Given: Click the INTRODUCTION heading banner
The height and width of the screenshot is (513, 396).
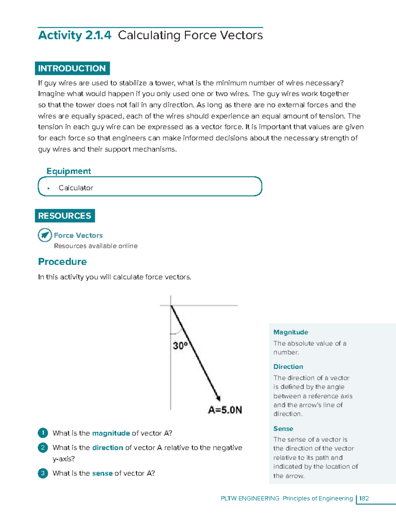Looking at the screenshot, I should click(72, 68).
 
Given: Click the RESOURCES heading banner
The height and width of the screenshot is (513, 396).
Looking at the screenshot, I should click(65, 216).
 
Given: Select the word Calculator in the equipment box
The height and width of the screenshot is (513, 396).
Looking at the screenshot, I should click(76, 188).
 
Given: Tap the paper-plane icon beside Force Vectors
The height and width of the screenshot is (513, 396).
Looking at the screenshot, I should click(45, 235).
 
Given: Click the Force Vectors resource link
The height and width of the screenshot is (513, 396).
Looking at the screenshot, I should click(78, 236).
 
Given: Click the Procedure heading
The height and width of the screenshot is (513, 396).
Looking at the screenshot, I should click(62, 262).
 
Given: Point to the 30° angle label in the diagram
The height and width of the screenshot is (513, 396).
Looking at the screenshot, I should click(180, 346).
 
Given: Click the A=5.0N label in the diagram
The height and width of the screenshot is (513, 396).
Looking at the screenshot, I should click(225, 410).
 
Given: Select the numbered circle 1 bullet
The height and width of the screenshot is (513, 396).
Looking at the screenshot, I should click(43, 433).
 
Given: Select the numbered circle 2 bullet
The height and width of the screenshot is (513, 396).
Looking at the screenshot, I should click(43, 448).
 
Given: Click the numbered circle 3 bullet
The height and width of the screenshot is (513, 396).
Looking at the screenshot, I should click(43, 473).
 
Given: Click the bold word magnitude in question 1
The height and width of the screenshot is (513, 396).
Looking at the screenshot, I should click(111, 433).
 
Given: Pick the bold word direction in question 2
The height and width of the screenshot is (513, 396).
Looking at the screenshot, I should click(108, 448).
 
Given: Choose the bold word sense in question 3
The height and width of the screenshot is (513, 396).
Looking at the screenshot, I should click(102, 473).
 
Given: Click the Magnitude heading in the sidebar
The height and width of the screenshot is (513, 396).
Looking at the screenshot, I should click(291, 332).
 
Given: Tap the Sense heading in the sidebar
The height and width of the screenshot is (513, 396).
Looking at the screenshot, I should click(283, 429).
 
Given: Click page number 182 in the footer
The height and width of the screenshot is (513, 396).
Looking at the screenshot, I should click(364, 498).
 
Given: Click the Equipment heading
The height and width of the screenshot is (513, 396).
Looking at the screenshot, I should click(69, 171).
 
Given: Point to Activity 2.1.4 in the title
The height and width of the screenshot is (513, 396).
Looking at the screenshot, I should click(75, 35).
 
